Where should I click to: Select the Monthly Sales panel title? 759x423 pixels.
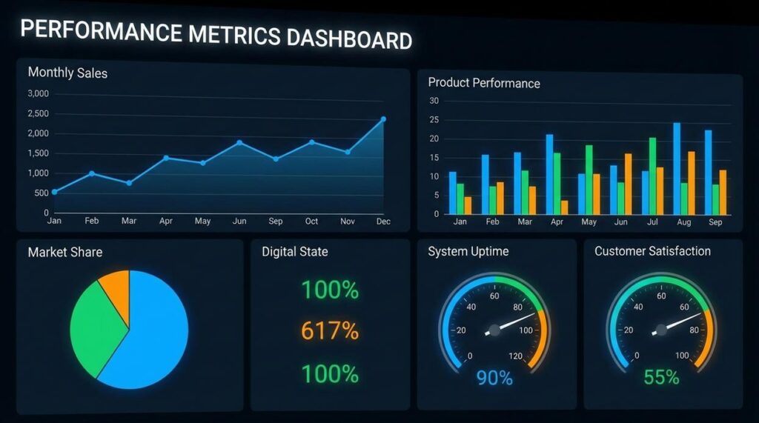pyautogui.click(x=67, y=73)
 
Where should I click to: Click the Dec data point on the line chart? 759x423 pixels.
pyautogui.click(x=383, y=119)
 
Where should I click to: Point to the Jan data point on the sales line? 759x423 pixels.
pyautogui.click(x=54, y=192)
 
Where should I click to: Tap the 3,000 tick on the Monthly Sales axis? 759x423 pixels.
pyautogui.click(x=38, y=93)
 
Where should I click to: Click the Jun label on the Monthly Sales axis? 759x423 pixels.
pyautogui.click(x=239, y=221)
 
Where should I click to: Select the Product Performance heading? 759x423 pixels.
pyautogui.click(x=484, y=83)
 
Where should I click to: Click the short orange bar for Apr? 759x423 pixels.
pyautogui.click(x=564, y=207)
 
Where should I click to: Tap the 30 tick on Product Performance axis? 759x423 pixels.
pyautogui.click(x=434, y=101)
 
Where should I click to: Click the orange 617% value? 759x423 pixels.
pyautogui.click(x=329, y=330)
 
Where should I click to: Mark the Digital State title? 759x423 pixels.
pyautogui.click(x=294, y=252)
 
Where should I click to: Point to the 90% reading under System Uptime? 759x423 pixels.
pyautogui.click(x=494, y=378)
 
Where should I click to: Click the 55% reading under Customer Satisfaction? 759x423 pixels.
pyautogui.click(x=660, y=377)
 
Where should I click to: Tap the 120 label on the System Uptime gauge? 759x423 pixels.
pyautogui.click(x=515, y=356)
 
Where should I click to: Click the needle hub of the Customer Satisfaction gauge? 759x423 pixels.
pyautogui.click(x=660, y=330)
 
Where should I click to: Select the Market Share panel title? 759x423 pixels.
pyautogui.click(x=65, y=252)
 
